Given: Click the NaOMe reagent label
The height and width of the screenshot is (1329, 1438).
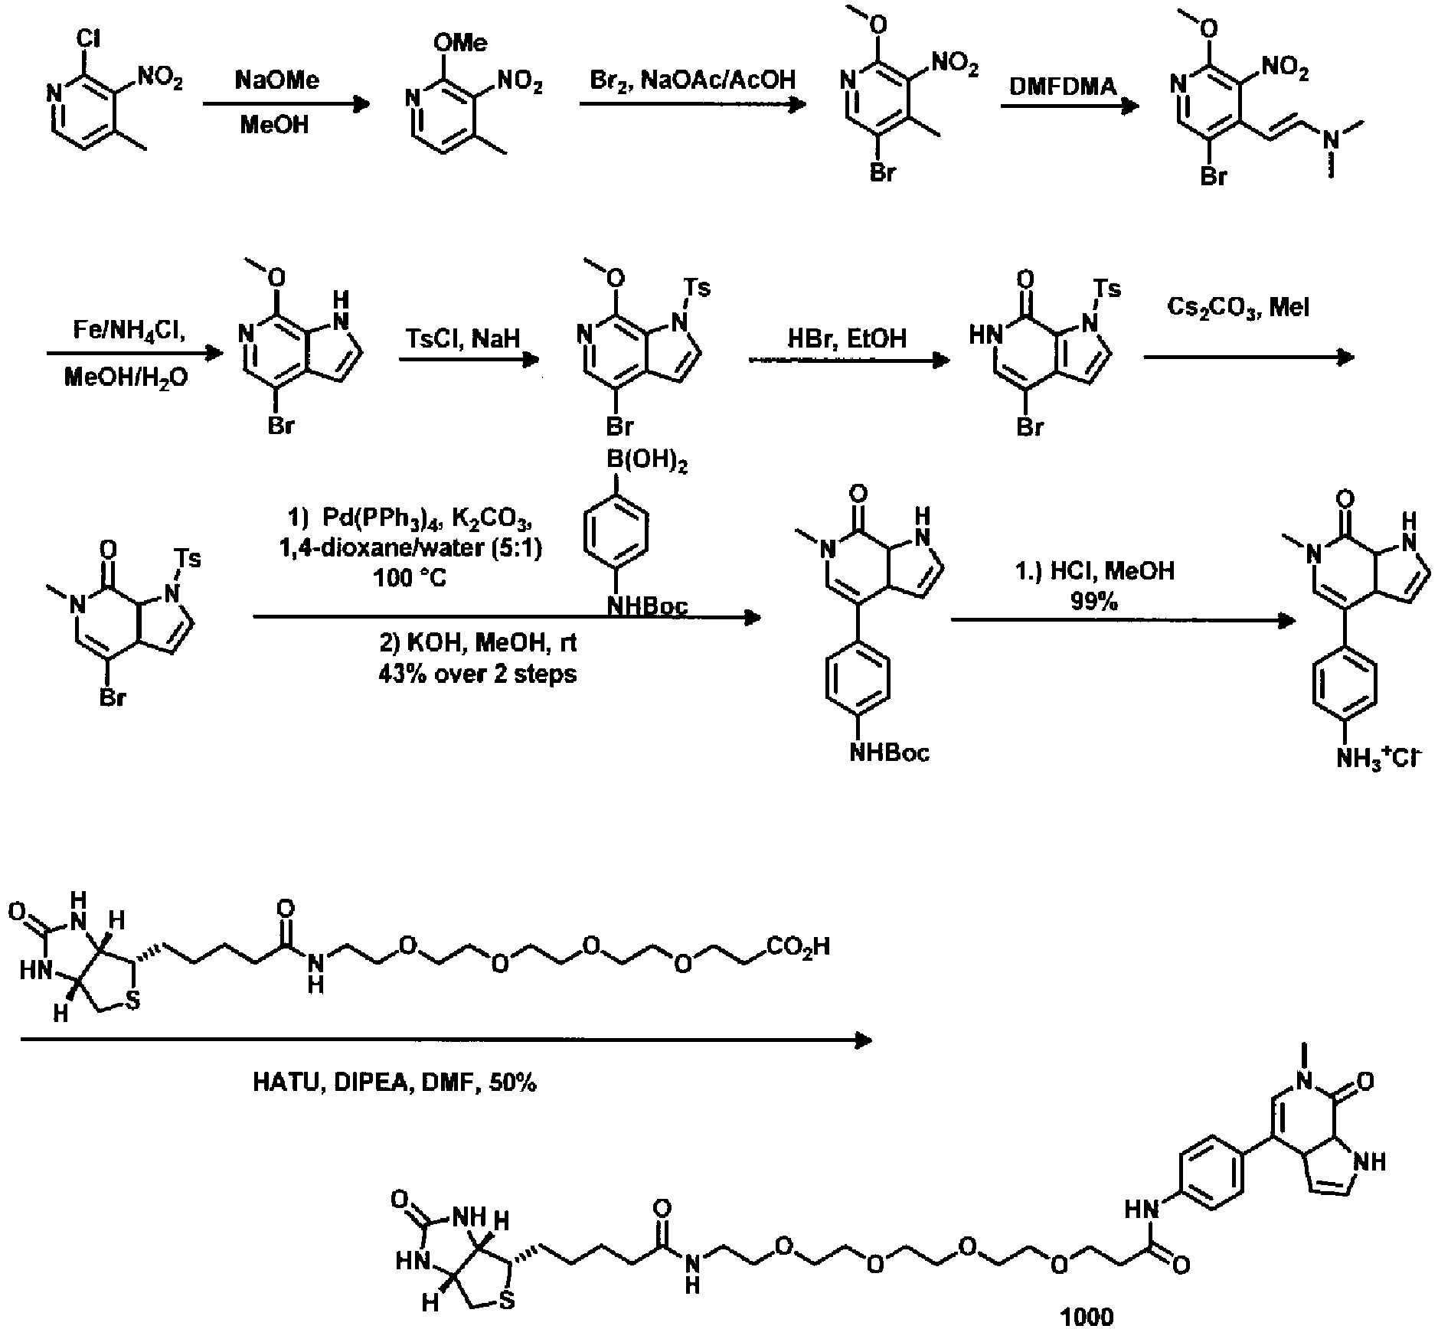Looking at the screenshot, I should pos(276,80).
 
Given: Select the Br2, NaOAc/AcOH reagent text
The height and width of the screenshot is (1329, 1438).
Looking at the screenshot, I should pos(693,79).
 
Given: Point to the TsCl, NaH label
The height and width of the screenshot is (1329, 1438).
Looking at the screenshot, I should pos(465,337).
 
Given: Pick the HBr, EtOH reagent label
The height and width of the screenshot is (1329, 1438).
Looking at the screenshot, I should pos(847,338).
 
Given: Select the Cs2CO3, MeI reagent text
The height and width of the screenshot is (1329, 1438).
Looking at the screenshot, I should pos(1238,308).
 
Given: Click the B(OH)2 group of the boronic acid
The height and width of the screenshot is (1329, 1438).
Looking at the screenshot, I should pos(646,462).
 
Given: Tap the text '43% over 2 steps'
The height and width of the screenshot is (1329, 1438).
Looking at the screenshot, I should pos(477,673).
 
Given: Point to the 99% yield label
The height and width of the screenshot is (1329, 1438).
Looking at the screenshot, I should pos(1095,601).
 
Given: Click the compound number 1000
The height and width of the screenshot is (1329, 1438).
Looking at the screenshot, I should pos(1087,1315).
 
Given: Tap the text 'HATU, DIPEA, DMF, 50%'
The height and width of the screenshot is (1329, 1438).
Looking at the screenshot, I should pos(394,1082).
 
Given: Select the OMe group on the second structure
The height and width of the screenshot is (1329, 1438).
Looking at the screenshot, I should pos(459,43).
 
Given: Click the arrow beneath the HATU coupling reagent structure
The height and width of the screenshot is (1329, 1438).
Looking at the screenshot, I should pos(444,1040).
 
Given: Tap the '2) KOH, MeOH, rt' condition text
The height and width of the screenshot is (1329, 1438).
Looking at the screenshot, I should pos(478,642).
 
